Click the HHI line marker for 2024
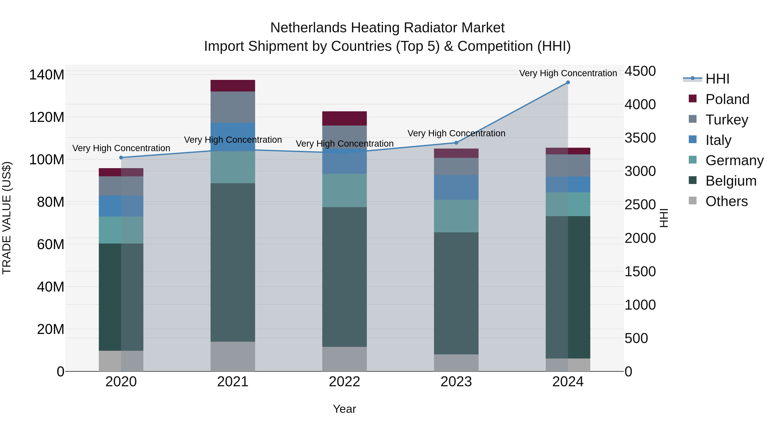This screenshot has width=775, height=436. click(568, 82)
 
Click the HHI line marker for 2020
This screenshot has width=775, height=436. click(121, 157)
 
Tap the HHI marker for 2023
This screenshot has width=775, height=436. click(456, 143)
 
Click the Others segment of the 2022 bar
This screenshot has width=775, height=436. click(344, 359)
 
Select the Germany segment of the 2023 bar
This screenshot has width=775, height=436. click(456, 216)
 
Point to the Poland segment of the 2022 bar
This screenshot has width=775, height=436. click(344, 118)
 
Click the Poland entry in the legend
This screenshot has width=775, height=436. click(727, 99)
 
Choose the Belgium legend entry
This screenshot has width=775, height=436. click(730, 181)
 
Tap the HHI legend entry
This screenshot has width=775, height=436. click(717, 79)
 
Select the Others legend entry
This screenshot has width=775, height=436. click(726, 201)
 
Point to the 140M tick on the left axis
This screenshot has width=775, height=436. click(47, 75)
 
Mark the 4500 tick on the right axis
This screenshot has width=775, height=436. click(640, 71)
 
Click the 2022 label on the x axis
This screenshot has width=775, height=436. click(344, 382)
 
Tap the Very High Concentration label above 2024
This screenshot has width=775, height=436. click(568, 73)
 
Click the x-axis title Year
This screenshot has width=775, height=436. click(344, 409)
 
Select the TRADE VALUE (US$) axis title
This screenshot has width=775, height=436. click(7, 218)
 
